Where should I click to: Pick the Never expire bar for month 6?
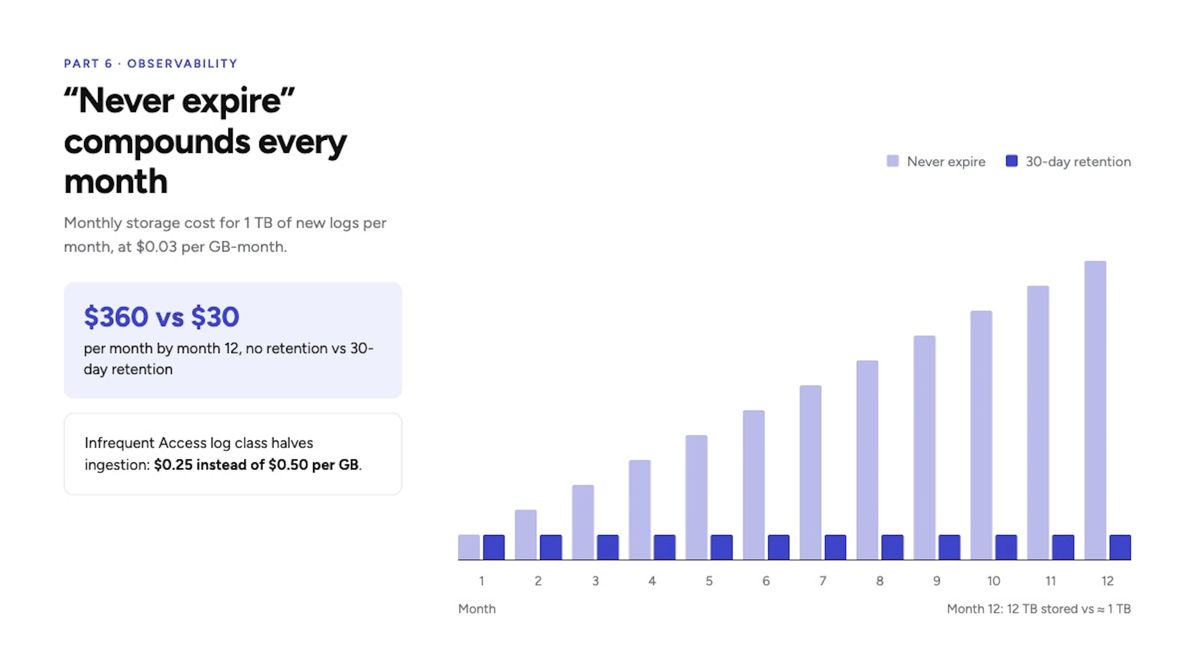[753, 485]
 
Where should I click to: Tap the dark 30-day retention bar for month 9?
[949, 547]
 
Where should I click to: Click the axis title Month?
[477, 609]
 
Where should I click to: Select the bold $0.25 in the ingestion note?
[173, 465]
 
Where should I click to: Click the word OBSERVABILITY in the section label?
[182, 63]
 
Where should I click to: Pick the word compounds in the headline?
[157, 143]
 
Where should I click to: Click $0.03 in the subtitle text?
[156, 247]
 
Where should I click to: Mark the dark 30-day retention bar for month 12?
[1120, 547]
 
